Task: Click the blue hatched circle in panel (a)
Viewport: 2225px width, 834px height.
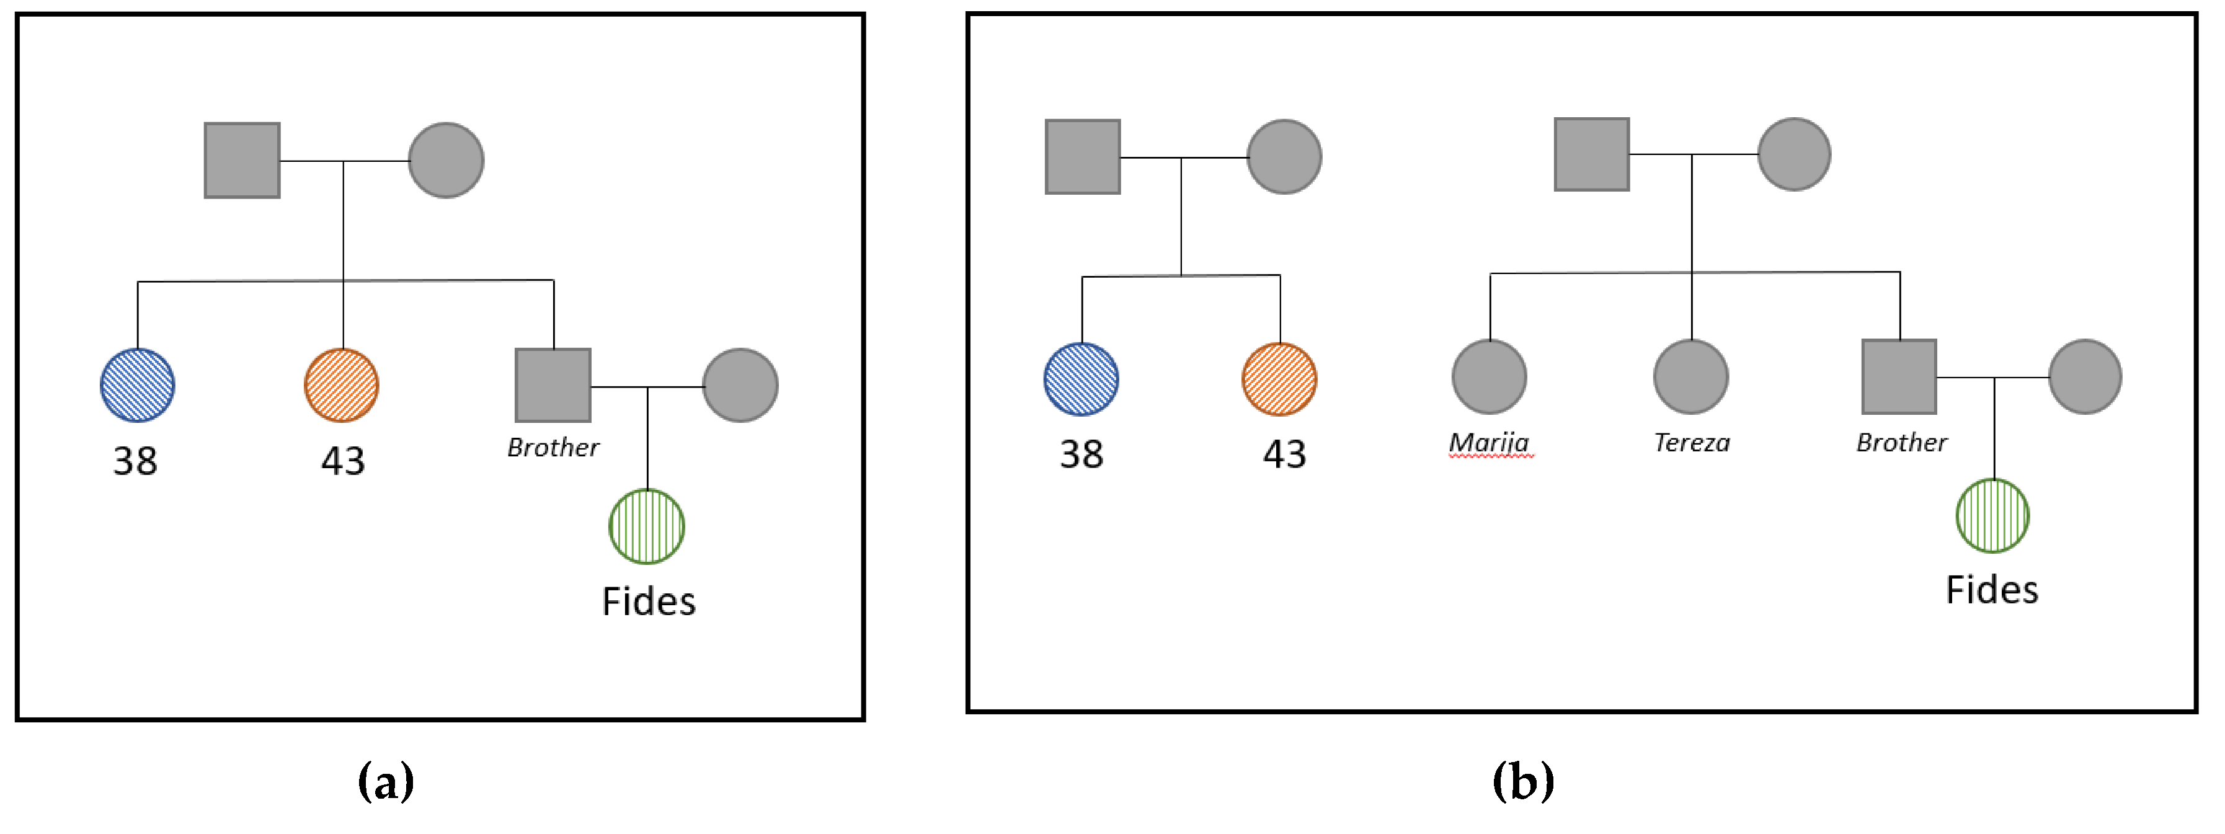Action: [x=137, y=385]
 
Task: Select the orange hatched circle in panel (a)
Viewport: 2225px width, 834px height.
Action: [x=341, y=385]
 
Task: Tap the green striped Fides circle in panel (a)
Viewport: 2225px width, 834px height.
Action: [x=647, y=526]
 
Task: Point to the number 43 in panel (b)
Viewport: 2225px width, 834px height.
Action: [x=1284, y=454]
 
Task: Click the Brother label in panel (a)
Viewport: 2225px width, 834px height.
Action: [x=553, y=447]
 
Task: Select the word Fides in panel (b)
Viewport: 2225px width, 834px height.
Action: [x=1992, y=590]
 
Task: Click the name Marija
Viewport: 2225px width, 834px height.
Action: [x=1489, y=443]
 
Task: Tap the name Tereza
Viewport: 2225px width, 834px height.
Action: [x=1691, y=443]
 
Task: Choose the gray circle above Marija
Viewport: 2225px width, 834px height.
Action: [x=1489, y=377]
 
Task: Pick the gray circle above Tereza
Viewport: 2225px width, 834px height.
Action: [x=1691, y=377]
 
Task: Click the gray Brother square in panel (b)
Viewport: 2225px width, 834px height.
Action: [x=1899, y=377]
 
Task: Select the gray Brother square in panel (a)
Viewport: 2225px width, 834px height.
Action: [x=553, y=385]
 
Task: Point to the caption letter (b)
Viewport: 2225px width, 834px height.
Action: [x=1524, y=781]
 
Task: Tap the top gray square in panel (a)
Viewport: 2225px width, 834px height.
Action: [x=242, y=161]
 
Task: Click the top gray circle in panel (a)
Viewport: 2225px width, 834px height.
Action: [x=446, y=161]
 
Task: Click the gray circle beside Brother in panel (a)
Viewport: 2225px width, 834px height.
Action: [x=740, y=385]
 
